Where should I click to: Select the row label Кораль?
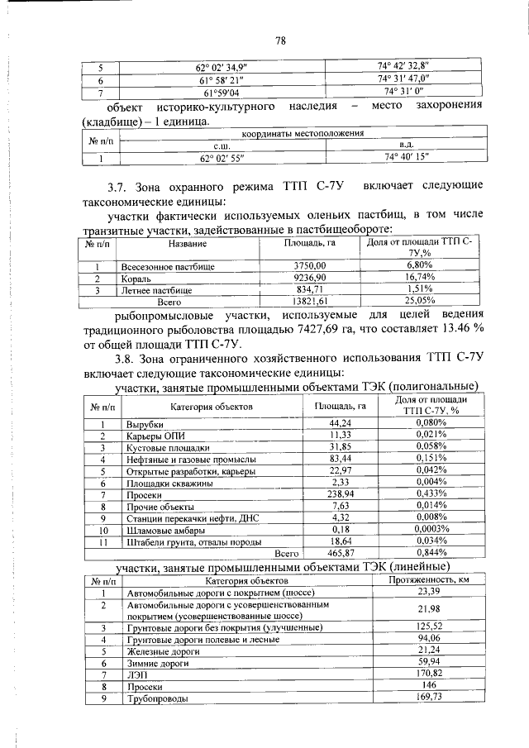[135, 279]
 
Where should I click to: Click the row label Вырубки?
[144, 423]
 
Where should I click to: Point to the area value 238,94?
[341, 494]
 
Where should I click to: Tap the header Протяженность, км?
[428, 580]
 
